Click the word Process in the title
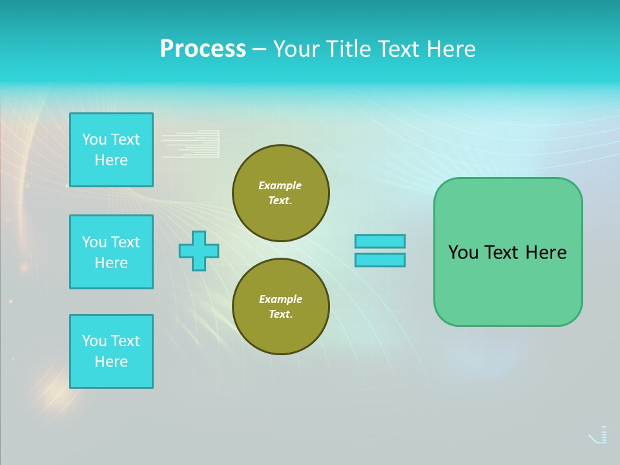pyautogui.click(x=203, y=49)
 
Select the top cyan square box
pyautogui.click(x=111, y=150)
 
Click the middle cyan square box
pyautogui.click(x=111, y=252)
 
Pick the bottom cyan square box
pyautogui.click(x=111, y=351)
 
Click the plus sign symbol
pyautogui.click(x=199, y=251)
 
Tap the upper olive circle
pyautogui.click(x=281, y=192)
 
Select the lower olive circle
pyautogui.click(x=281, y=306)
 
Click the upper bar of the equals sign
pyautogui.click(x=380, y=241)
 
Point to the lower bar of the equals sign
pyautogui.click(x=380, y=260)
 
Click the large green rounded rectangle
pyautogui.click(x=508, y=284)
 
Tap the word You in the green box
pyautogui.click(x=463, y=253)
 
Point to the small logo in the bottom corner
pyautogui.click(x=599, y=436)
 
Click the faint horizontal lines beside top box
pyautogui.click(x=191, y=143)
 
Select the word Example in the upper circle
pyautogui.click(x=280, y=185)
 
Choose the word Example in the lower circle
pyautogui.click(x=280, y=299)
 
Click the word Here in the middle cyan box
pyautogui.click(x=111, y=263)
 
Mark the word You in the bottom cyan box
pyautogui.click(x=94, y=341)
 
